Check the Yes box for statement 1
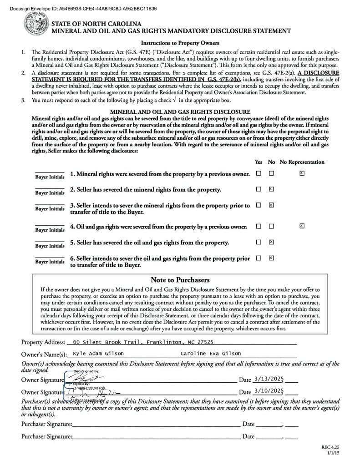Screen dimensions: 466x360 [259, 173]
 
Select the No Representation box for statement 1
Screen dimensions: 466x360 [302, 173]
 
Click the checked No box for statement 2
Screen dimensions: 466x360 [271, 189]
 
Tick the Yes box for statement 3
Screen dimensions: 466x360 [259, 205]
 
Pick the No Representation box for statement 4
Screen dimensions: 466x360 [302, 226]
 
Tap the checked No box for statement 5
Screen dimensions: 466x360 [271, 242]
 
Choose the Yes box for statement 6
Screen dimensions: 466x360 [259, 258]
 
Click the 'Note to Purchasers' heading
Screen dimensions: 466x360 [180, 280]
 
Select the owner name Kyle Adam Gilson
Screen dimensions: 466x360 [98, 353]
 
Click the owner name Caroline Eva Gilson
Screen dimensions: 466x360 [211, 353]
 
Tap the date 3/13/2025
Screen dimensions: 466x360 [269, 379]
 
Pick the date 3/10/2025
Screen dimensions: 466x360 [269, 390]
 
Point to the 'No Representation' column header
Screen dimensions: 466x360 [302, 162]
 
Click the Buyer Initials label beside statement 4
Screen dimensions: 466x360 [50, 230]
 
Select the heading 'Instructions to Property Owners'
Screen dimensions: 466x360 [180, 43]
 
